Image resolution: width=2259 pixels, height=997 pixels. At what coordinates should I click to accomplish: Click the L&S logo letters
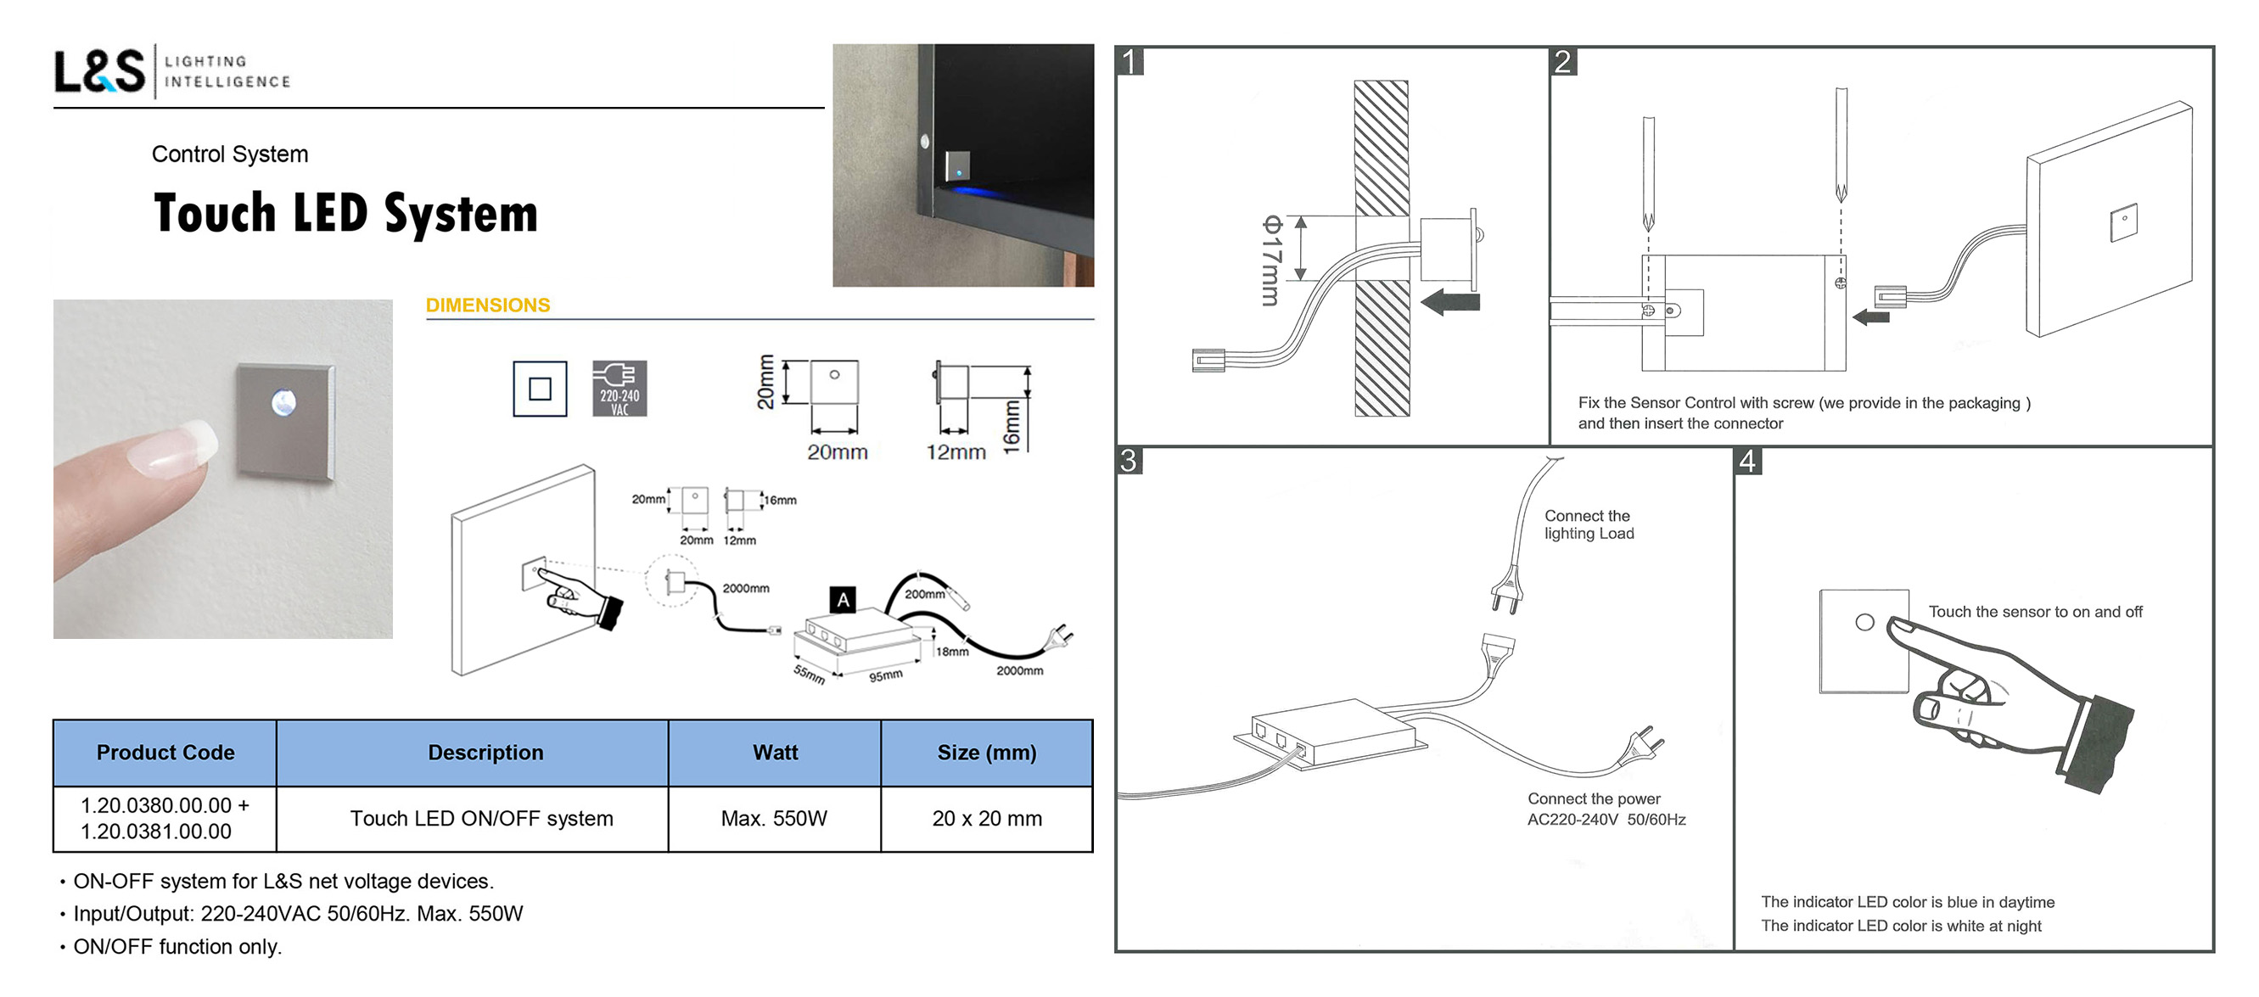[99, 71]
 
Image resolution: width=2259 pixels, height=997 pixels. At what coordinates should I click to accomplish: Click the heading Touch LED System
[345, 214]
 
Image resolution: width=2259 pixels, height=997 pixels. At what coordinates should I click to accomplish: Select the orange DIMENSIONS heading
[488, 305]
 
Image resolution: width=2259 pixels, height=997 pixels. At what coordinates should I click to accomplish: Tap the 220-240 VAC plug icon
[619, 388]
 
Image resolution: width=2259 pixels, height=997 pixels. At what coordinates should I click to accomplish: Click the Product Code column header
[165, 753]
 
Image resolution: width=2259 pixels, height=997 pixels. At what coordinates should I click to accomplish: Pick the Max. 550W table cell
[773, 818]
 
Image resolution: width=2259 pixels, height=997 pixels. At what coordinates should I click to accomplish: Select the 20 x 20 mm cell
[987, 818]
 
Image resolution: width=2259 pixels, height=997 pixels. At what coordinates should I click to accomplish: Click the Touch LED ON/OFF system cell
[481, 818]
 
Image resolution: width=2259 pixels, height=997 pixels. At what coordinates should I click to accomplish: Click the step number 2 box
[1562, 62]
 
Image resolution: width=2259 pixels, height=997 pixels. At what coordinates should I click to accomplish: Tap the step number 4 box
[1747, 462]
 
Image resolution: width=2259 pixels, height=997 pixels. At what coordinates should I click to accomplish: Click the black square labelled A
[843, 600]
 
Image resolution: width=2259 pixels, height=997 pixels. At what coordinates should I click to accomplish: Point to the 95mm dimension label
[886, 676]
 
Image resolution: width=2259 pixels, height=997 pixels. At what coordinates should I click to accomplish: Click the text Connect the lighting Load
[1588, 524]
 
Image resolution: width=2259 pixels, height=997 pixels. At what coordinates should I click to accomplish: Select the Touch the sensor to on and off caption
[2034, 612]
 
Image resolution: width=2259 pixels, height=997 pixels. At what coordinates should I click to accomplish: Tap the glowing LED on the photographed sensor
[283, 402]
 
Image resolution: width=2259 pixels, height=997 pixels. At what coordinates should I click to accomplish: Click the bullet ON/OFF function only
[177, 947]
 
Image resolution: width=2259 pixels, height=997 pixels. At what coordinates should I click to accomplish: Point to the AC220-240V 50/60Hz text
[1606, 820]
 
